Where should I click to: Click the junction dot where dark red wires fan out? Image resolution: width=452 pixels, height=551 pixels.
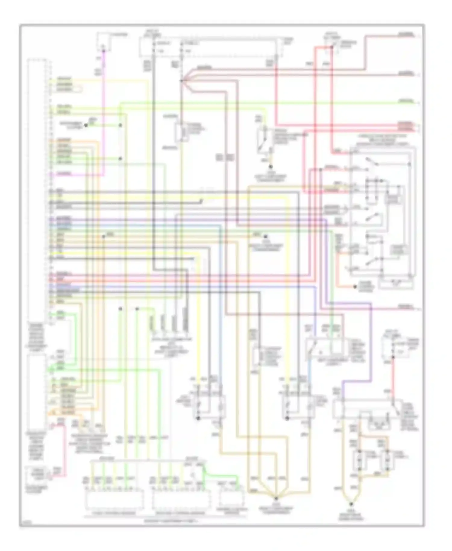[x=181, y=81]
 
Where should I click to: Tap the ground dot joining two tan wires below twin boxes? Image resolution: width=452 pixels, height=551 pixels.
[x=351, y=503]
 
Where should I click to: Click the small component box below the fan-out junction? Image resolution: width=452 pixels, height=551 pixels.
[x=182, y=133]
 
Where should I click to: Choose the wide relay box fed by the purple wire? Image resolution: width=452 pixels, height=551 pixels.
[x=366, y=409]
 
